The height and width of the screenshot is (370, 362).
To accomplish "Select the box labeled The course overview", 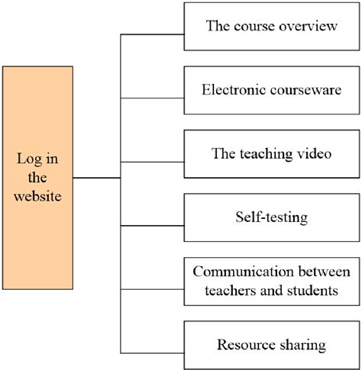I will tap(271, 27).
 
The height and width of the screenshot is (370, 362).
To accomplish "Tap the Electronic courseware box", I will tap(271, 90).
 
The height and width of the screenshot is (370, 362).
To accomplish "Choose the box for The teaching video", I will tap(271, 153).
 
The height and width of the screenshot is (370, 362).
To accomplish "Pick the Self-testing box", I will tap(271, 217).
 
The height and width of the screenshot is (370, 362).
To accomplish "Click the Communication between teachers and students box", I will tap(271, 281).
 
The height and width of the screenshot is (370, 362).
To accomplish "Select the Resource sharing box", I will tap(271, 345).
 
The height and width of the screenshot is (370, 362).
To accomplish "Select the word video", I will tap(314, 153).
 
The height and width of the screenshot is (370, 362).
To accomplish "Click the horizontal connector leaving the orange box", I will tap(97, 178).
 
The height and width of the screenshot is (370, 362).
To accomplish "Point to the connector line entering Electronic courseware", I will tap(153, 98).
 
